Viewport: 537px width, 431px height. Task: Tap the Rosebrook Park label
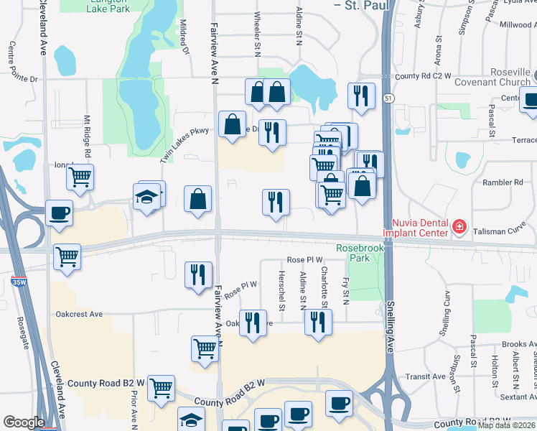[x=360, y=254]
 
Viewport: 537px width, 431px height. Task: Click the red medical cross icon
[x=459, y=228]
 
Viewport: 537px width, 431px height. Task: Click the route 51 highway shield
[x=387, y=98]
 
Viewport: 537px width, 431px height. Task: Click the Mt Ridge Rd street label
[x=87, y=136]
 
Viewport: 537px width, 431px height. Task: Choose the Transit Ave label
[x=425, y=376]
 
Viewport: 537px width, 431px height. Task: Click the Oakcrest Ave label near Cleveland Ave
[x=79, y=314]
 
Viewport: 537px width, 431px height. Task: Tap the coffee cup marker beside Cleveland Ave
[x=59, y=213]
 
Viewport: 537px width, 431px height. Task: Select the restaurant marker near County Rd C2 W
[x=360, y=96]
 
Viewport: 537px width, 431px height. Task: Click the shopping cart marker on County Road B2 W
[x=162, y=388]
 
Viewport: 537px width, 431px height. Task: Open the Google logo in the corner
[x=24, y=422]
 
